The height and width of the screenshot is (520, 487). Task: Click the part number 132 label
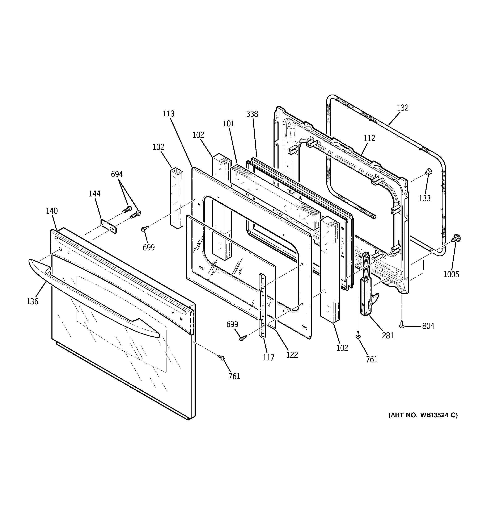pyautogui.click(x=403, y=108)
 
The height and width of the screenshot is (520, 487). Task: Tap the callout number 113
pyautogui.click(x=169, y=114)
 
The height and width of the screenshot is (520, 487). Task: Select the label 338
pyautogui.click(x=252, y=114)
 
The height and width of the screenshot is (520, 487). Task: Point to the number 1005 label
pyautogui.click(x=451, y=274)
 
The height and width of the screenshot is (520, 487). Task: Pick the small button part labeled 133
pyautogui.click(x=428, y=172)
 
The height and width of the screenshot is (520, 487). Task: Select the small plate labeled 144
pyautogui.click(x=109, y=226)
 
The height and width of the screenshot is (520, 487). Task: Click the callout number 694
pyautogui.click(x=117, y=174)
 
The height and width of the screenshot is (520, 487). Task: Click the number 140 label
pyautogui.click(x=52, y=211)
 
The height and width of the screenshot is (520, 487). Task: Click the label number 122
pyautogui.click(x=292, y=355)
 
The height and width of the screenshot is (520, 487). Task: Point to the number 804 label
pyautogui.click(x=428, y=326)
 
